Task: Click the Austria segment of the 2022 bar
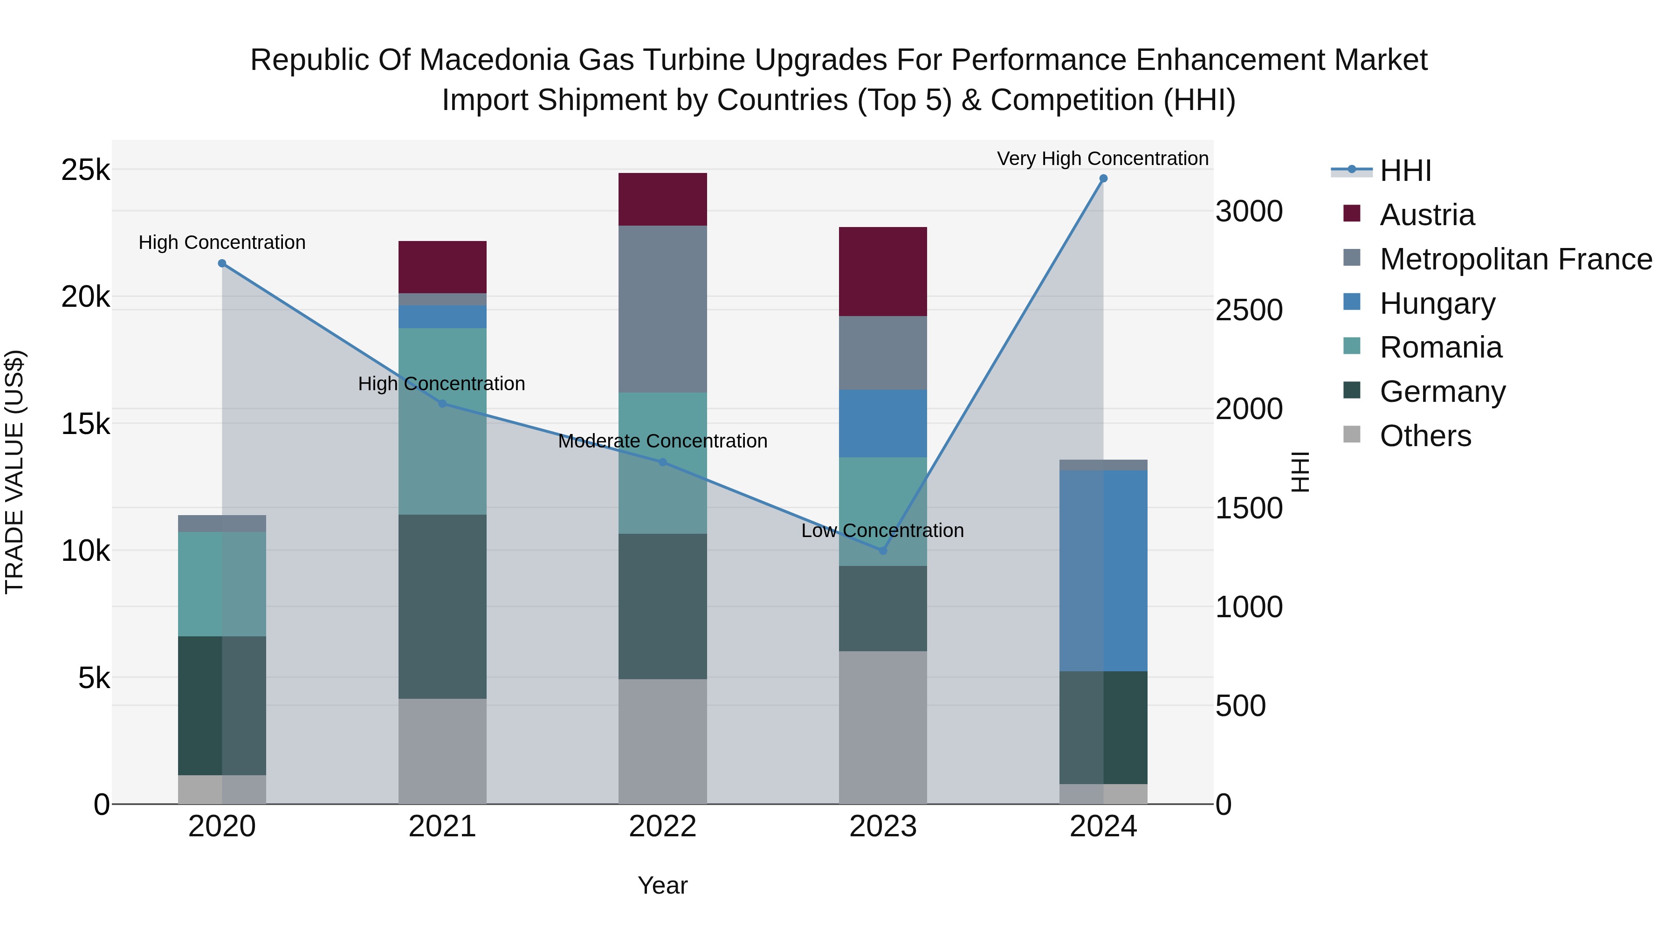[x=662, y=200]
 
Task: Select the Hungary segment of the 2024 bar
[x=1103, y=571]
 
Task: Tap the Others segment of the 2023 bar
[x=883, y=727]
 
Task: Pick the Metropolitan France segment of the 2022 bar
[x=662, y=309]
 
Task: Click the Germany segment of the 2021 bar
[x=442, y=606]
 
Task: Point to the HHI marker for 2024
[x=1103, y=179]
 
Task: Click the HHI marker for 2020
[x=222, y=264]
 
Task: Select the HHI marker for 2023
[x=883, y=551]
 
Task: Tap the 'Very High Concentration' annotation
[x=1102, y=159]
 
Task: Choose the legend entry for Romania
[x=1440, y=348]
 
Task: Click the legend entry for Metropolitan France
[x=1515, y=259]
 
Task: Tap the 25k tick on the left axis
[x=85, y=171]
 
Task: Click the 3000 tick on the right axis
[x=1249, y=212]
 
